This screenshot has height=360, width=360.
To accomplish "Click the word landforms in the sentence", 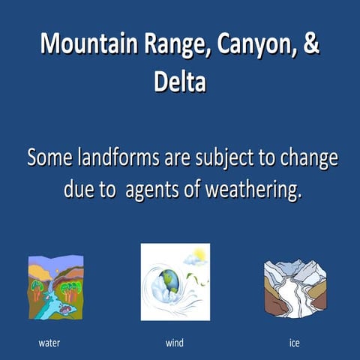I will pyautogui.click(x=111, y=159).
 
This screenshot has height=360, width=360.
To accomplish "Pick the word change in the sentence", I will pyautogui.click(x=307, y=159).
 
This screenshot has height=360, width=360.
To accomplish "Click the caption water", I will pyautogui.click(x=49, y=343).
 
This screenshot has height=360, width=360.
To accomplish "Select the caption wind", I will pyautogui.click(x=174, y=343).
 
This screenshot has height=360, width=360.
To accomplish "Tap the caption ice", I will pyautogui.click(x=294, y=343).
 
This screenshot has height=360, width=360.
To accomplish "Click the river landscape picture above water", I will pyautogui.click(x=55, y=287).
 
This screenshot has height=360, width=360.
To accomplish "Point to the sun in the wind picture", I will pyautogui.click(x=199, y=253).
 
